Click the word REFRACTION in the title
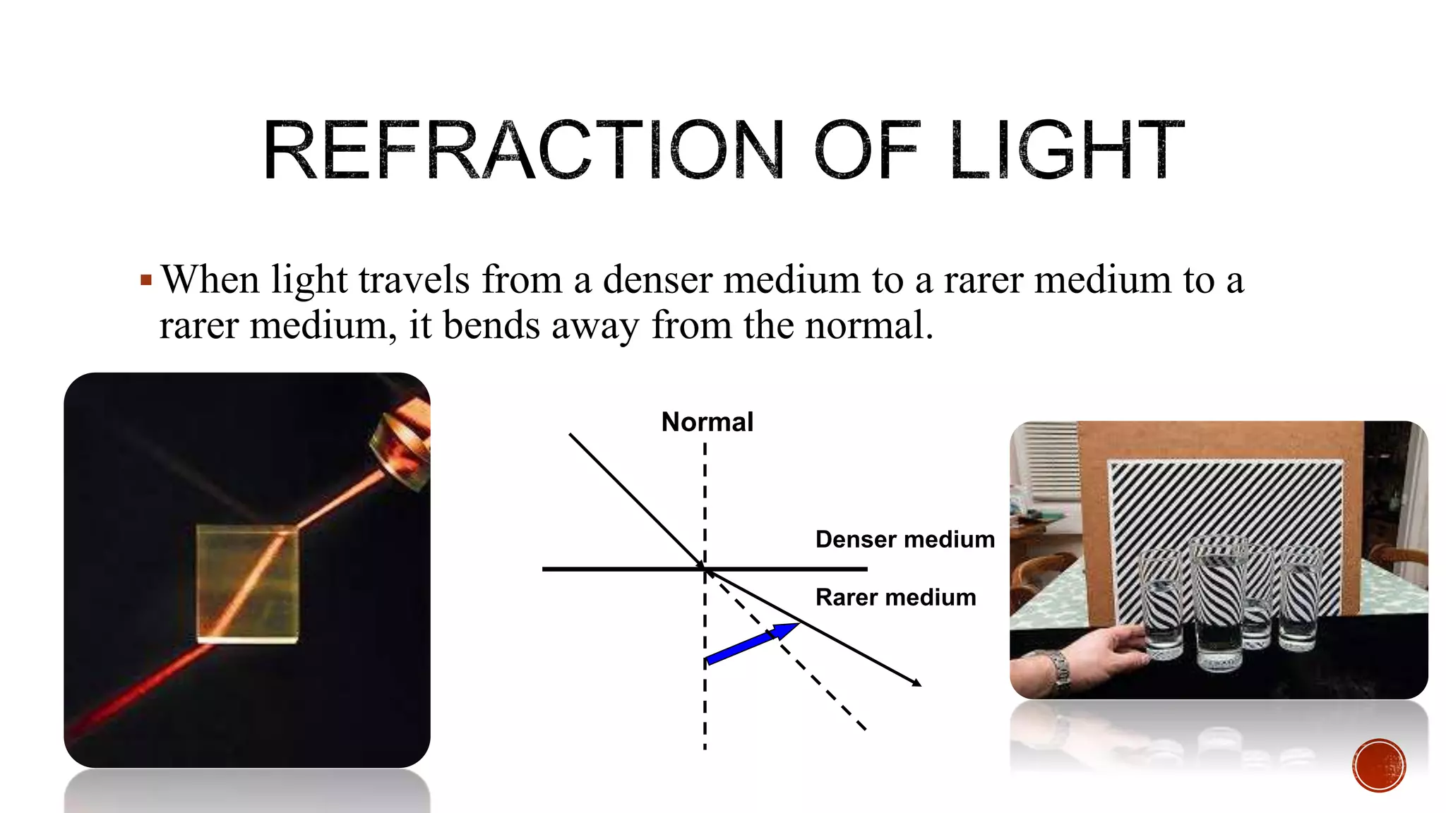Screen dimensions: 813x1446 [x=523, y=150]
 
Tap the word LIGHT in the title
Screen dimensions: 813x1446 [x=1067, y=150]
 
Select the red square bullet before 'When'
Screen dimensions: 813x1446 [x=146, y=280]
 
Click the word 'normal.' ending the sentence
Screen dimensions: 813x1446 [x=869, y=325]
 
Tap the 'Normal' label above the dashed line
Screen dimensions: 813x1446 [x=707, y=422]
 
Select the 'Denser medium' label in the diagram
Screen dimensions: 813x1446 [x=904, y=539]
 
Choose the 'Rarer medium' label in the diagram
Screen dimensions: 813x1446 [x=895, y=597]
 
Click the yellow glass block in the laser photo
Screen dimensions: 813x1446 [x=246, y=584]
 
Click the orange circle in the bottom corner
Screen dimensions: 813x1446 [x=1379, y=765]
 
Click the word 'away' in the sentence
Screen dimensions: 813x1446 [x=595, y=325]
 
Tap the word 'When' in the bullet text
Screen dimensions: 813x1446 [x=210, y=279]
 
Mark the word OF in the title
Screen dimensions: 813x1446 [x=867, y=150]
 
